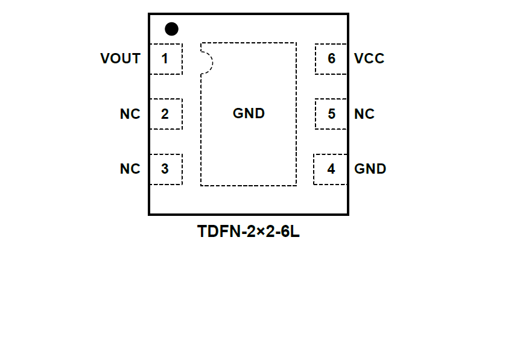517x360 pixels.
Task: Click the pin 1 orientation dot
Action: click(172, 28)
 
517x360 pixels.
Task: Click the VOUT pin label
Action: click(121, 58)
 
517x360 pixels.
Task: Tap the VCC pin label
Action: click(369, 58)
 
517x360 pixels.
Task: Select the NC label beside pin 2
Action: click(130, 114)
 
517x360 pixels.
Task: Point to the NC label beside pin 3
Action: click(130, 169)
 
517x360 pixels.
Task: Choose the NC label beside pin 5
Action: click(364, 114)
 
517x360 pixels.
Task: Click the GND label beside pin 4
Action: click(370, 169)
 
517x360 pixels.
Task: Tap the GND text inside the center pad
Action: click(249, 113)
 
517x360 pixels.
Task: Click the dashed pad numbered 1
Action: click(166, 59)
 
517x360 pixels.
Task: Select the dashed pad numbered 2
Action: click(166, 114)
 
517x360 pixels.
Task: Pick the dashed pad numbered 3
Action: click(166, 169)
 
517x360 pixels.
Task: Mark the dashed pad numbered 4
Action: click(331, 169)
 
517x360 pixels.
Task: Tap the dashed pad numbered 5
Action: click(331, 114)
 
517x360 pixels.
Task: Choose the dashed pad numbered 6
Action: click(331, 59)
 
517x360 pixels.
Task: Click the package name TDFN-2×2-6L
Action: click(248, 232)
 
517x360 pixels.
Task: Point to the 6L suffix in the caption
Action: click(290, 232)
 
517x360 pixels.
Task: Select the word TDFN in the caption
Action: click(215, 232)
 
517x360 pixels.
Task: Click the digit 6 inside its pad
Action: click(331, 59)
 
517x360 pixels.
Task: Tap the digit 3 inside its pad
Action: click(165, 169)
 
